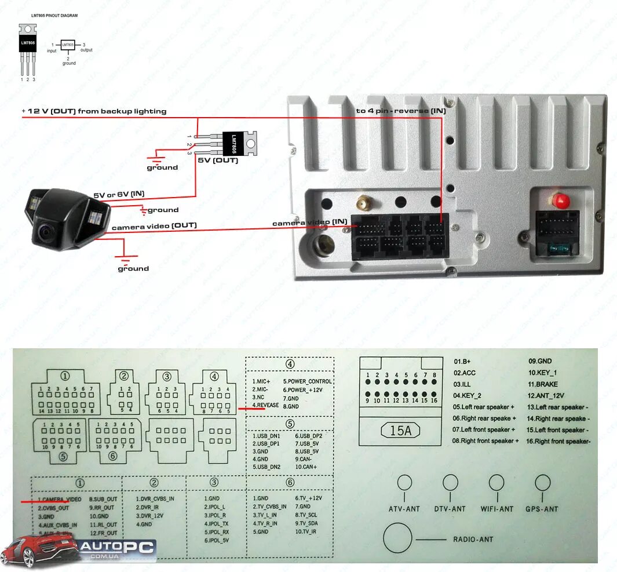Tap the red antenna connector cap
click(x=560, y=201)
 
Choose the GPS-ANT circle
click(x=543, y=483)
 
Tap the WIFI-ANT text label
click(x=496, y=509)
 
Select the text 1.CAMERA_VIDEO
click(x=60, y=499)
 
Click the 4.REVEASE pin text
click(x=265, y=406)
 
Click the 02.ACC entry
click(x=465, y=373)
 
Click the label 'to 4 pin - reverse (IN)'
click(x=400, y=111)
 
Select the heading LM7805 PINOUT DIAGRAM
click(x=54, y=15)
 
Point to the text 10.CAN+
click(x=306, y=467)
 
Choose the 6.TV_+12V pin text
click(x=308, y=498)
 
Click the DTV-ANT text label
click(x=450, y=509)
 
